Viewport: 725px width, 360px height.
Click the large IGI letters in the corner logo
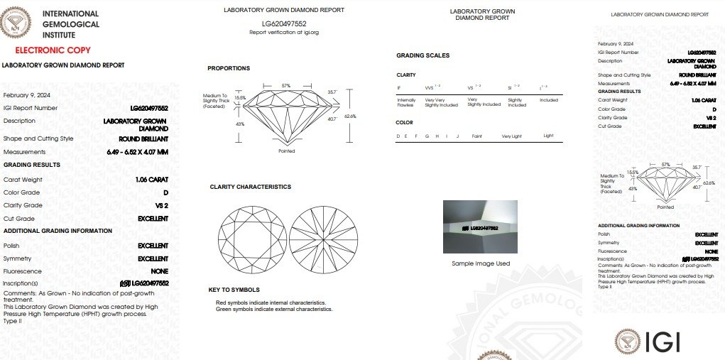663,342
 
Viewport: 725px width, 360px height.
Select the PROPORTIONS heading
229,68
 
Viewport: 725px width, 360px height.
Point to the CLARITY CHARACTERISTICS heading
250,187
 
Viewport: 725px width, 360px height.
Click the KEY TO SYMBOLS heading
233,290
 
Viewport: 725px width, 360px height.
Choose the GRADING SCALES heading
423,55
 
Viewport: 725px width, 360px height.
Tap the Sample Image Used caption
481,263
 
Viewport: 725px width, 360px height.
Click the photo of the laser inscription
481,227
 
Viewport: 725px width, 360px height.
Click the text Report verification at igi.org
283,33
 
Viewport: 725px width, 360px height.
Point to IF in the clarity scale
398,88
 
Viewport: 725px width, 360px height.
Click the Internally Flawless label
405,102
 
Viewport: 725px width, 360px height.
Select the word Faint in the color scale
477,135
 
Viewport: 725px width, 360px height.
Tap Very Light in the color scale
511,135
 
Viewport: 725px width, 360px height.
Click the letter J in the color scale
458,135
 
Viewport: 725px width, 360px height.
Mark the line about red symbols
271,303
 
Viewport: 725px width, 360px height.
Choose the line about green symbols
274,309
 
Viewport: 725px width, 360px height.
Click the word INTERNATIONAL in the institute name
70,13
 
